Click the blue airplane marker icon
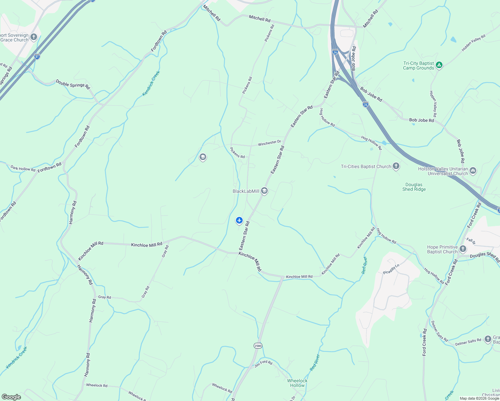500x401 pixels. [x=239, y=220]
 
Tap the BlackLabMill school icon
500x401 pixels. [x=264, y=191]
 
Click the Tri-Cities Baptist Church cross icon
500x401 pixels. [x=396, y=166]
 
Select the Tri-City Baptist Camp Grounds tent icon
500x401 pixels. [x=439, y=65]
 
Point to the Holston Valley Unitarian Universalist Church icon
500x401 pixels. [x=473, y=171]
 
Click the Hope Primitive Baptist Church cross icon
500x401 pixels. [x=463, y=249]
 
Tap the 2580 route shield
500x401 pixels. [x=258, y=346]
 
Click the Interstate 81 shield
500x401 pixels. [x=37, y=56]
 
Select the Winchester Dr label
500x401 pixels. [x=269, y=143]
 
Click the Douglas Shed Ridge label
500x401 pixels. [x=414, y=187]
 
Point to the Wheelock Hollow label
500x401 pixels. [x=297, y=383]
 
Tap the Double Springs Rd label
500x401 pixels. [x=73, y=84]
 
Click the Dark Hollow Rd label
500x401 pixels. [x=23, y=168]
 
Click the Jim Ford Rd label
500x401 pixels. [x=263, y=364]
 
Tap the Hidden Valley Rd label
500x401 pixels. [x=473, y=43]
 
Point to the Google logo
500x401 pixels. [x=11, y=397]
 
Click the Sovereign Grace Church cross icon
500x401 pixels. [x=33, y=37]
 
